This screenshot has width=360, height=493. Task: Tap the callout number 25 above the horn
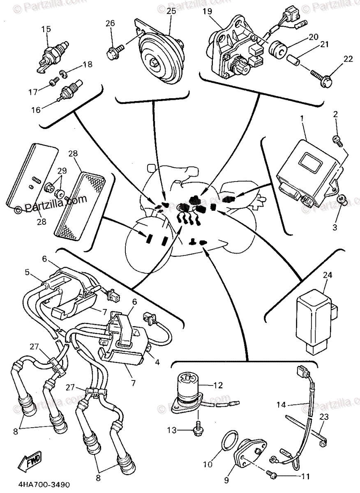coord(171,12)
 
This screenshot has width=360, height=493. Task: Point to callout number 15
coord(46,30)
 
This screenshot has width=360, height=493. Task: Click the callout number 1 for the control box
coord(302,117)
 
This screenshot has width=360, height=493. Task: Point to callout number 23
coord(324,417)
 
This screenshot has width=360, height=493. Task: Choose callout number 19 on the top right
coord(207,12)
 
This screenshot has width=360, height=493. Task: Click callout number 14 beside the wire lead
coord(281,405)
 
